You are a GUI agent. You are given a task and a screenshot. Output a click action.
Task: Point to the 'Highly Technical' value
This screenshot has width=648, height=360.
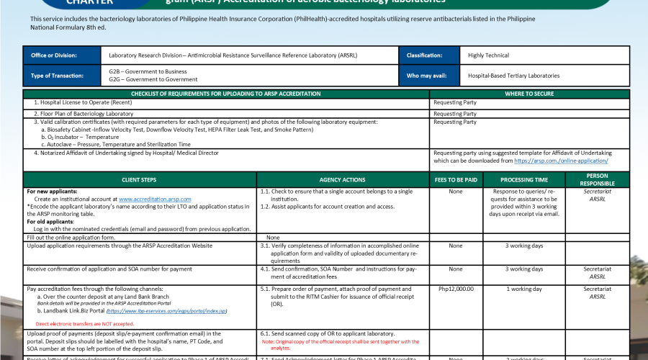coord(488,55)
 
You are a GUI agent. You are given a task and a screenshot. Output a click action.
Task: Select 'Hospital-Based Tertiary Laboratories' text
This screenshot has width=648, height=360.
coord(513,76)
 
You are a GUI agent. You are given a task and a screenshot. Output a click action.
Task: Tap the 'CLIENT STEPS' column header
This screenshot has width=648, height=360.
coord(140,179)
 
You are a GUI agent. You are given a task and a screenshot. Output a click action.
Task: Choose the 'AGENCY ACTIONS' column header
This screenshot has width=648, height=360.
coord(342,179)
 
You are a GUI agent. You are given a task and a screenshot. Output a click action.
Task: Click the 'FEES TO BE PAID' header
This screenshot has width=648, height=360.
coord(455,179)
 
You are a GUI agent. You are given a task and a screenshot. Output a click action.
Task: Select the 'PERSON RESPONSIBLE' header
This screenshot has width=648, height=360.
coord(597,179)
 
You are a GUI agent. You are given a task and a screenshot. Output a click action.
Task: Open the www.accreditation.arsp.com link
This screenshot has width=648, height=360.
coord(155,199)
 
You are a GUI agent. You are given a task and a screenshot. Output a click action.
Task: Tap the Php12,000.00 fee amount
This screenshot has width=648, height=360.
coord(456,289)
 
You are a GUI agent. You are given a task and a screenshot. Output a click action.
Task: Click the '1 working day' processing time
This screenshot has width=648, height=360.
coord(525,289)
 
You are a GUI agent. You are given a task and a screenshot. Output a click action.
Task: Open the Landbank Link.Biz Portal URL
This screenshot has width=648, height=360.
coord(166,311)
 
